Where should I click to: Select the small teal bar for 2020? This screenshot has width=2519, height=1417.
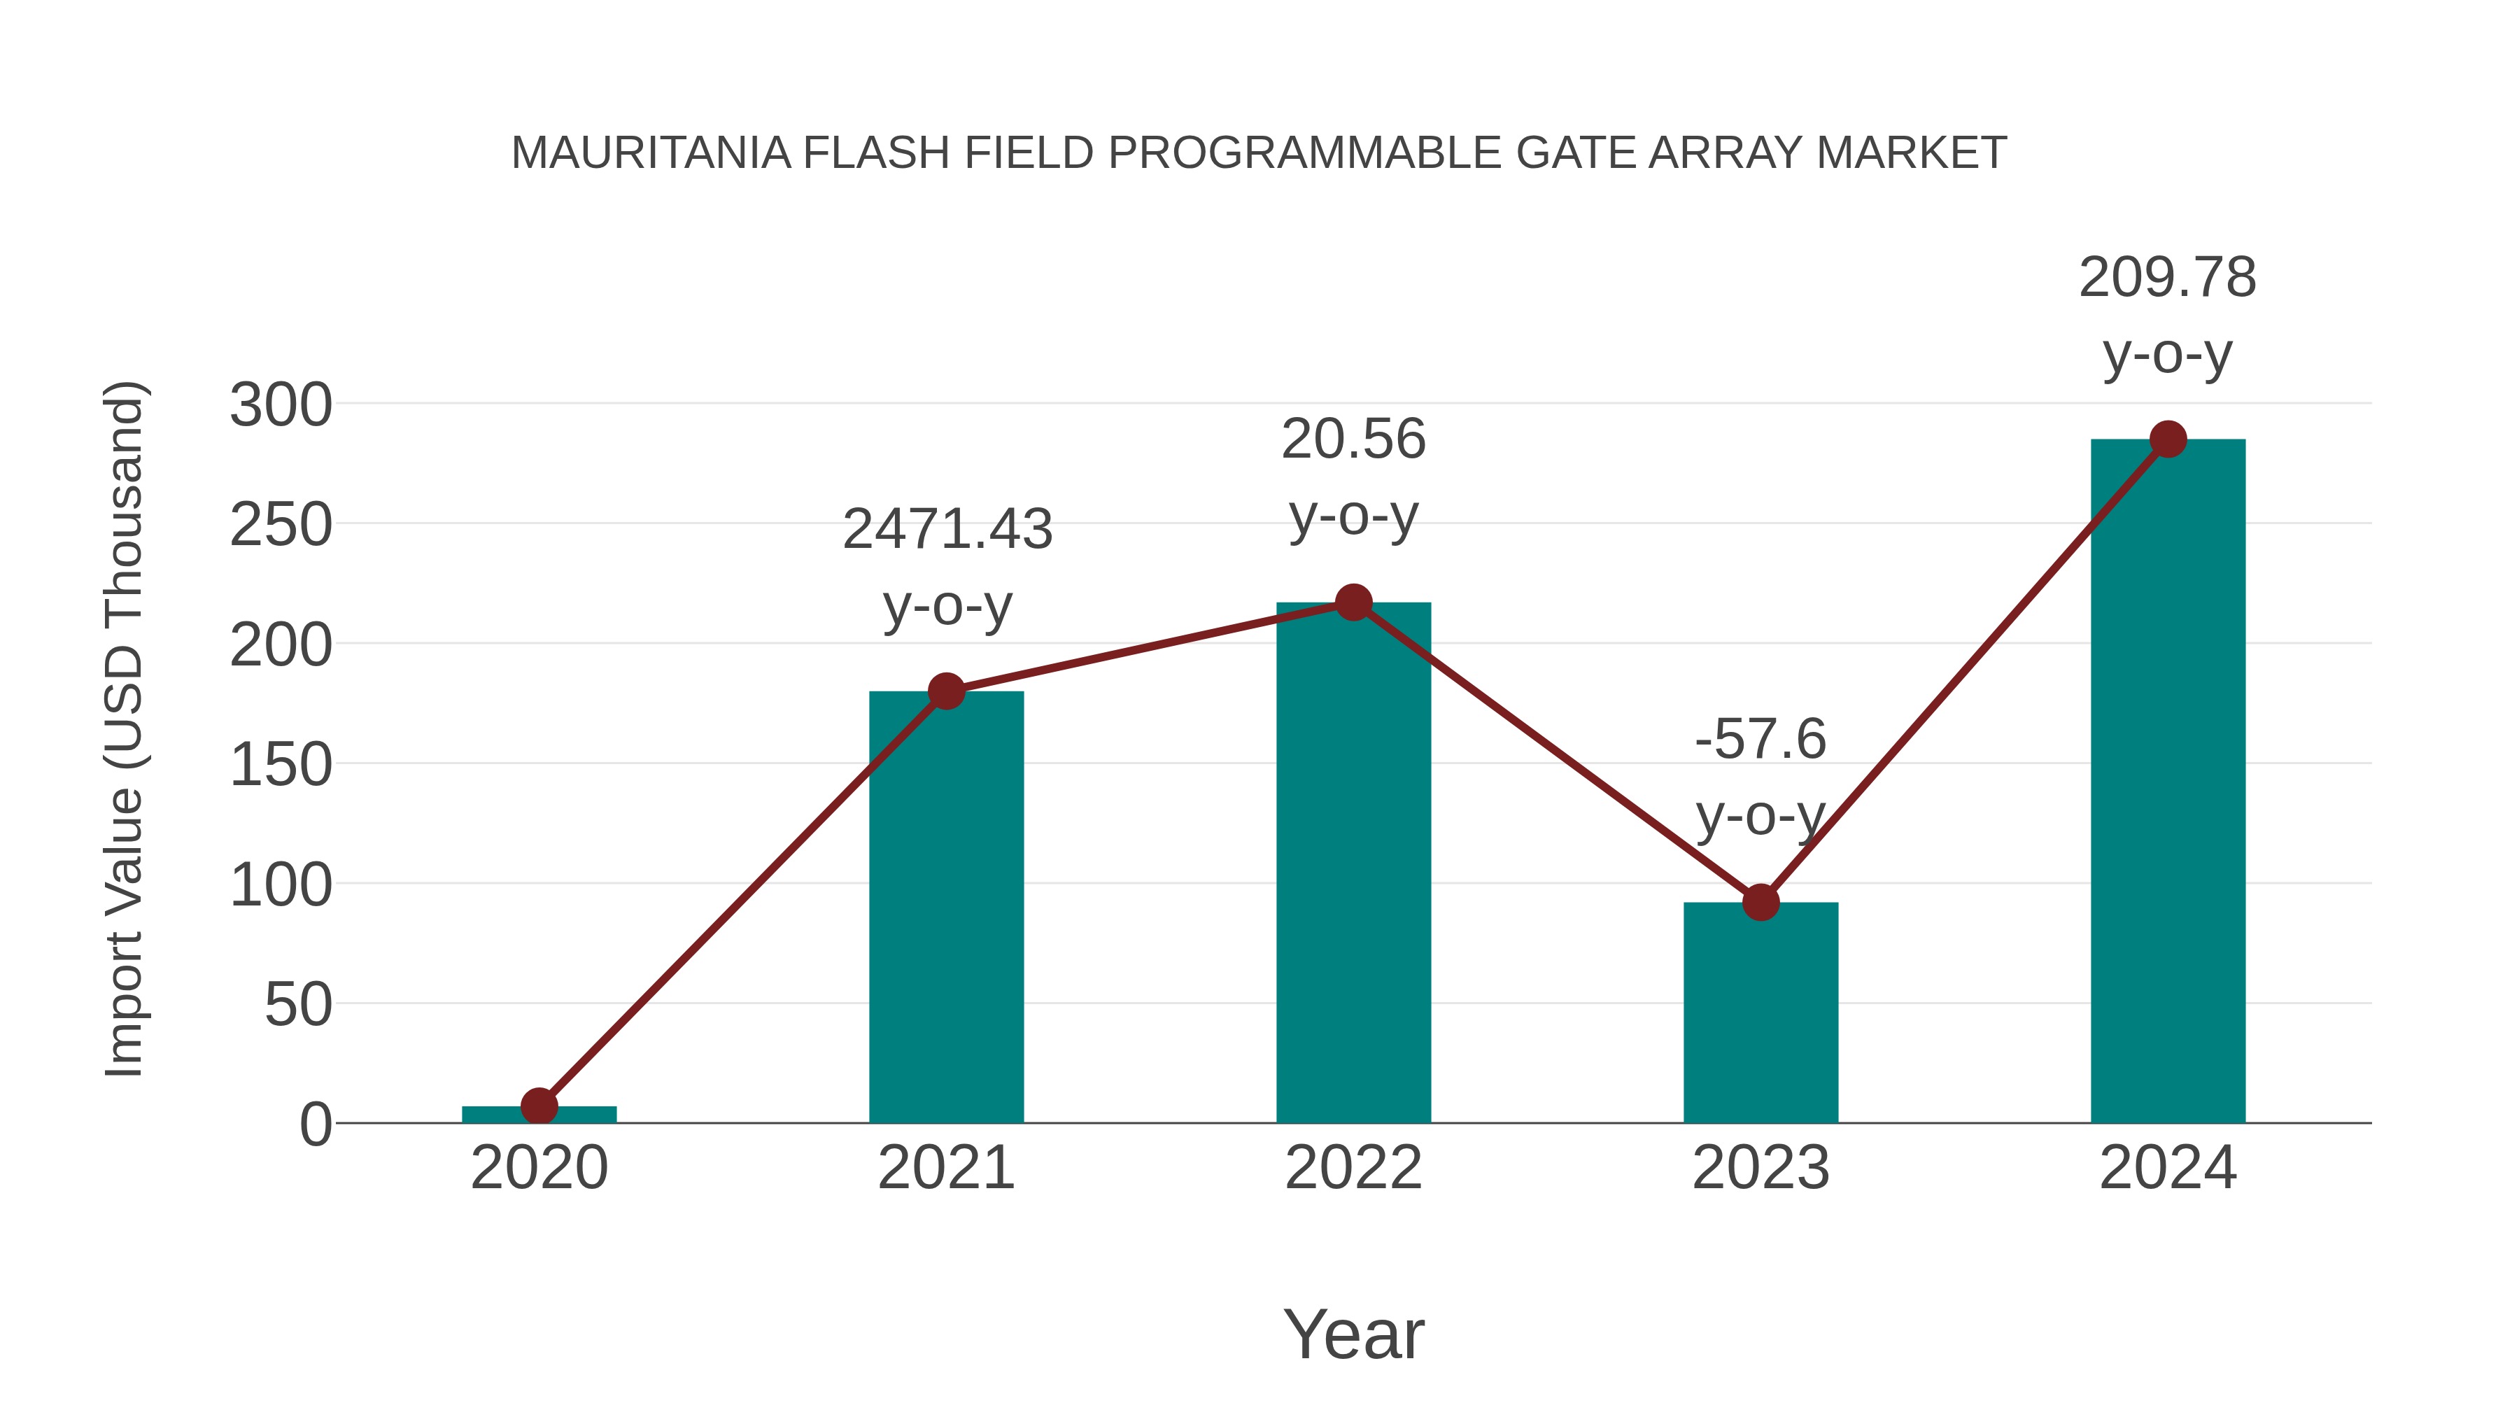coord(539,1114)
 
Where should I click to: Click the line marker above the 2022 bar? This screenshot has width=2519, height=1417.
coord(1353,602)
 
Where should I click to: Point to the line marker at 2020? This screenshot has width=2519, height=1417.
coord(539,1106)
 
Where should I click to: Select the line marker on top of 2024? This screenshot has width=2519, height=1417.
coord(2168,439)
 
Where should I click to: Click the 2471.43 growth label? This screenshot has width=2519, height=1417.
coord(947,529)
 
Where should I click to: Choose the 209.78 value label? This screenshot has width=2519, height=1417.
coord(2167,278)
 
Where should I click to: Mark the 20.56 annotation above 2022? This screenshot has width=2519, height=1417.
coord(1353,439)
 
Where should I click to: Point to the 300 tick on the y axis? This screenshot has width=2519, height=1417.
coord(281,405)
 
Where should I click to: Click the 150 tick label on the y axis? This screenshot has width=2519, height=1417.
coord(281,765)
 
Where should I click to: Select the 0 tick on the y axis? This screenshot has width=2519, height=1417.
coord(316,1125)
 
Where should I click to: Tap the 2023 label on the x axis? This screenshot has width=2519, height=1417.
coord(1761,1168)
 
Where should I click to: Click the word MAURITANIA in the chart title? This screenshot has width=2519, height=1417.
coord(650,153)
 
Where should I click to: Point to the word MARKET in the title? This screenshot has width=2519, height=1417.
coord(1911,153)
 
